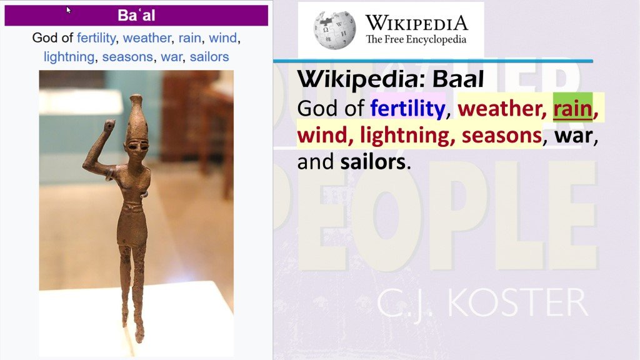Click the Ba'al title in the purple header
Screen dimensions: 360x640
136,15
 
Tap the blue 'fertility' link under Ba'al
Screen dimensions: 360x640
96,38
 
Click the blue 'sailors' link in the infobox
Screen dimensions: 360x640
209,57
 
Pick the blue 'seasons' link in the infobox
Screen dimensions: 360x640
127,57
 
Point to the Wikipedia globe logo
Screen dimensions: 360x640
334,29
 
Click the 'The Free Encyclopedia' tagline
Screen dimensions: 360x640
416,39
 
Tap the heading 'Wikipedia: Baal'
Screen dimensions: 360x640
391,79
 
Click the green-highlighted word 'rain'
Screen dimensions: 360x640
572,109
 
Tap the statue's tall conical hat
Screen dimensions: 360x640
136,116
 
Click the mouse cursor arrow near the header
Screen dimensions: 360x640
69,9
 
